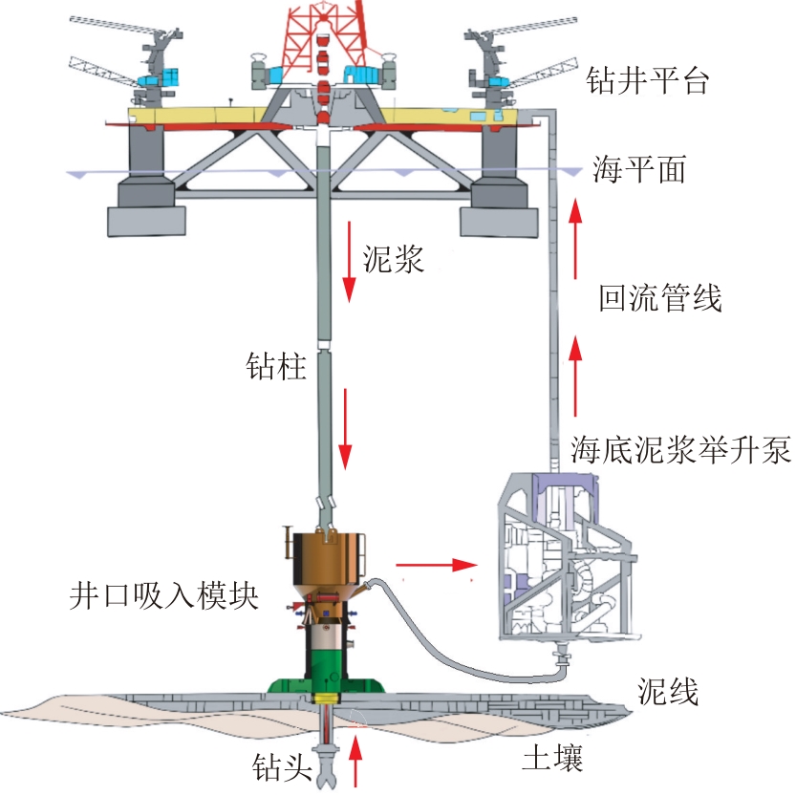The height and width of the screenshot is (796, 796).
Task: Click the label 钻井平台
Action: point(647,81)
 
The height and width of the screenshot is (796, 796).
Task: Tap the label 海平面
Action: point(639,169)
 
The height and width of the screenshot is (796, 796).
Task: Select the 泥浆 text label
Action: point(393,259)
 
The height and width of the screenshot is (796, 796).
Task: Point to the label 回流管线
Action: point(660,297)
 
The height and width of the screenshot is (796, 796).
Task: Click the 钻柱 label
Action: point(276,366)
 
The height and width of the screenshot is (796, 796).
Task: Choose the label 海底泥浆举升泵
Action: point(680,449)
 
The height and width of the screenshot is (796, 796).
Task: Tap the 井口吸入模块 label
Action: point(164,594)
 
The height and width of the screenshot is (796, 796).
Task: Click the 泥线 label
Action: point(668,691)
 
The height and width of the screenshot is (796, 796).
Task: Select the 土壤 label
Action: point(553,758)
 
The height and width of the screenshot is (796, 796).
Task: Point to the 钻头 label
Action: point(282,766)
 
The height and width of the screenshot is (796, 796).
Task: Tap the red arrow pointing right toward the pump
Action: point(437,564)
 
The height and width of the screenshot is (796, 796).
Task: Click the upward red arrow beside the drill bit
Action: point(355,762)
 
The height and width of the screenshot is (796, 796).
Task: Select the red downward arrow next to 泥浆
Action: point(349,261)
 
